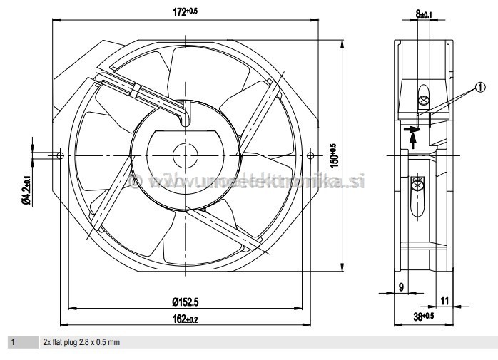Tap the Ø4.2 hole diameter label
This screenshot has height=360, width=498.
[x=26, y=190]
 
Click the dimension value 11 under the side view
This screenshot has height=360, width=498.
[x=445, y=301]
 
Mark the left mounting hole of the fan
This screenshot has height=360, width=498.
[x=61, y=155]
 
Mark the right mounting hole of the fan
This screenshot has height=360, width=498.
[x=309, y=155]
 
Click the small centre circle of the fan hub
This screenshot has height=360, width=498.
[x=185, y=155]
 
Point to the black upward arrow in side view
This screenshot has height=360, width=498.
[x=413, y=140]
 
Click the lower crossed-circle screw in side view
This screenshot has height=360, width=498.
[x=418, y=187]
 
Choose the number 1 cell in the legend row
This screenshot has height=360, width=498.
[x=12, y=343]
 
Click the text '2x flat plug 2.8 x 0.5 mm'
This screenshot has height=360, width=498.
[x=81, y=343]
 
